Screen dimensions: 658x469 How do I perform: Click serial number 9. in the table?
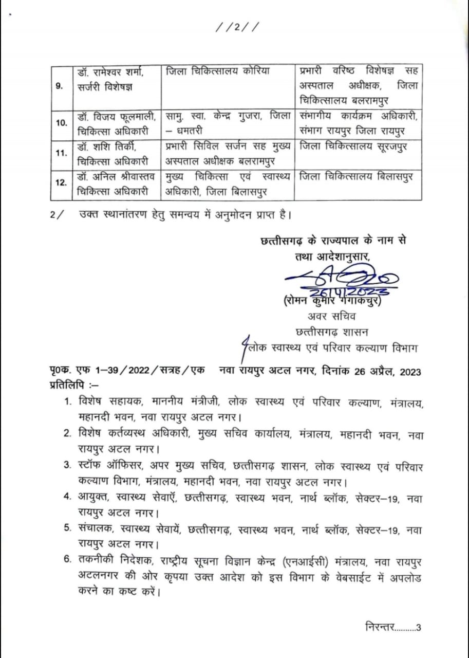[60, 86]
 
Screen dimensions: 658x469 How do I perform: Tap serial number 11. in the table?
[61, 154]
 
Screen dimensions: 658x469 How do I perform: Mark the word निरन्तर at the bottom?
[379, 627]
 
